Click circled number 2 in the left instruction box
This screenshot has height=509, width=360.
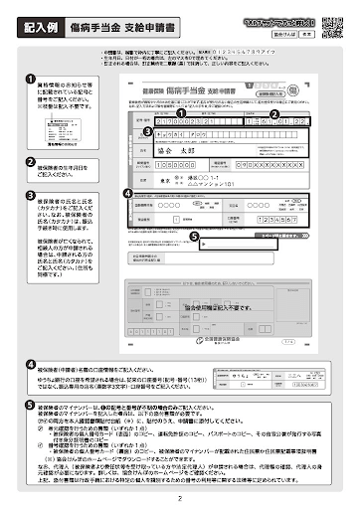(30, 161)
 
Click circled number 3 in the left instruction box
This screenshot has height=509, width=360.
(30, 195)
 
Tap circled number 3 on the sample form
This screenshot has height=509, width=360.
(148, 130)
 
